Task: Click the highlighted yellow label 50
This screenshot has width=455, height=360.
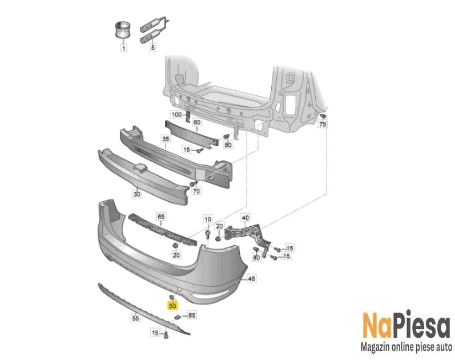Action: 172,306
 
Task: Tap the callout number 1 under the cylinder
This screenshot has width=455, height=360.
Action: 124,48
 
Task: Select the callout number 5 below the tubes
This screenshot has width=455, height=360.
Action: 152,47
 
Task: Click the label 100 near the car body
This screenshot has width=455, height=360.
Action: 176,114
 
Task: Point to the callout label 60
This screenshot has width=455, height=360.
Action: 197,122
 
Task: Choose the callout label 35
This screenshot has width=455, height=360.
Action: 166,139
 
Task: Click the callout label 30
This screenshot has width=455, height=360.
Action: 136,194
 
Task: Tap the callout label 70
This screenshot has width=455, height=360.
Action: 196,191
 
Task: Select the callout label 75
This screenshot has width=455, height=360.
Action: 323,124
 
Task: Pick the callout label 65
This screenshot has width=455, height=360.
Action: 161,216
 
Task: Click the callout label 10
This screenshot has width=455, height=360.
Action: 208,219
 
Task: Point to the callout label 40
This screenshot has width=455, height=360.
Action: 245,217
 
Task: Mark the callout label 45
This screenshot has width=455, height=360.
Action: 252,279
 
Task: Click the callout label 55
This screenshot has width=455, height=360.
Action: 135,318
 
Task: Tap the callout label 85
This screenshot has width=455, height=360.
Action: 192,315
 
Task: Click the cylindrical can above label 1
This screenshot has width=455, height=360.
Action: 123,29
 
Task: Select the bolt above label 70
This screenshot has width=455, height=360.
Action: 194,183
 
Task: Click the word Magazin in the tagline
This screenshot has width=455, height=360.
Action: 375,347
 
